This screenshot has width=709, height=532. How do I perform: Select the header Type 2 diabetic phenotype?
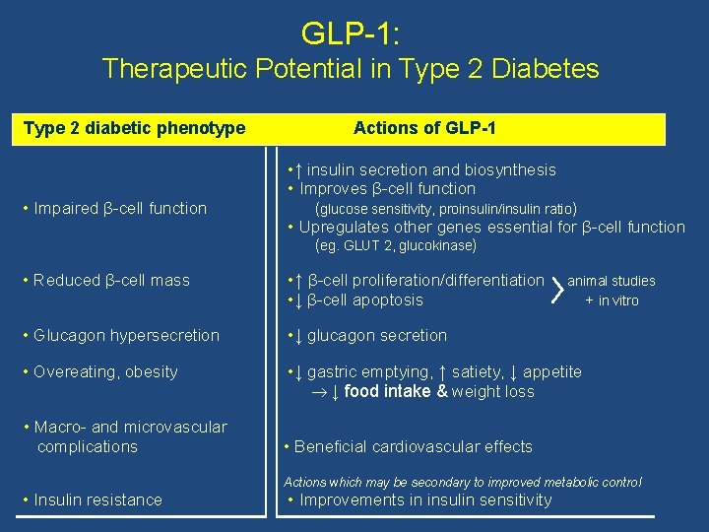click(134, 128)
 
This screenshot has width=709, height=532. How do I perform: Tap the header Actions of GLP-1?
click(424, 128)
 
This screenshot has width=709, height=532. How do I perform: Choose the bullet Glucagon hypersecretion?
click(119, 335)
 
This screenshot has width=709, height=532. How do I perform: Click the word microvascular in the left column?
click(177, 427)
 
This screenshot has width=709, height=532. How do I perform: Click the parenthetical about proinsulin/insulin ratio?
click(445, 208)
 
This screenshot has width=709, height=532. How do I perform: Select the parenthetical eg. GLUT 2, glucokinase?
click(396, 245)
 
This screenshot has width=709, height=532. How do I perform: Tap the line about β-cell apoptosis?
click(358, 299)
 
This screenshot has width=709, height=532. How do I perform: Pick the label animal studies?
click(612, 281)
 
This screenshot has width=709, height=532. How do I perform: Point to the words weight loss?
click(492, 391)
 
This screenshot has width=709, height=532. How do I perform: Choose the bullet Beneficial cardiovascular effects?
click(409, 446)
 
